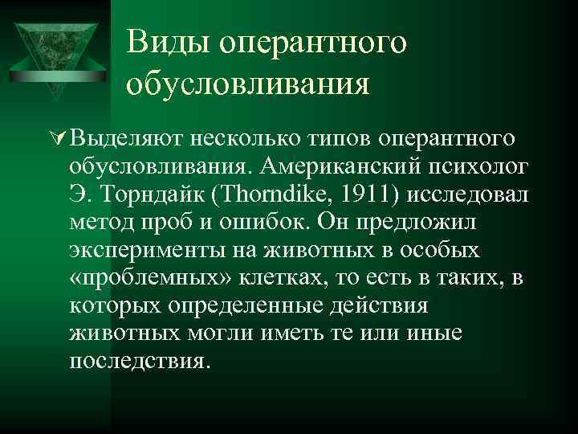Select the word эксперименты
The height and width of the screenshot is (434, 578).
(x=141, y=251)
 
